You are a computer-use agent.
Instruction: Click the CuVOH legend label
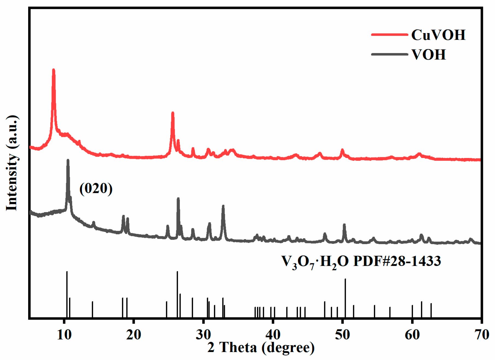(x=438, y=35)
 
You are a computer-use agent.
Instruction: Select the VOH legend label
(x=428, y=55)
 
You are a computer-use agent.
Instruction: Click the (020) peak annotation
(x=96, y=188)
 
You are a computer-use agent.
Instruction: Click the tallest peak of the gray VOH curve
(x=68, y=161)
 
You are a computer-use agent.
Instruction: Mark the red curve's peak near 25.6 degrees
(x=172, y=113)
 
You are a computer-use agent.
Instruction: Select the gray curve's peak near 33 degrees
(x=223, y=206)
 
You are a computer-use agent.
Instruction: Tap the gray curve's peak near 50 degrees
(x=344, y=225)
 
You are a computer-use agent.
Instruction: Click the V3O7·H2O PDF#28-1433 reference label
(x=361, y=262)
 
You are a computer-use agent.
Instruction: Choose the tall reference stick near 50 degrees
(x=345, y=298)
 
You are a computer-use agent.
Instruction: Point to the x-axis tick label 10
(x=64, y=335)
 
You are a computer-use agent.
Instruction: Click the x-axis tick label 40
(x=273, y=335)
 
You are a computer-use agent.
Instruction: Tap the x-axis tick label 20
(x=134, y=335)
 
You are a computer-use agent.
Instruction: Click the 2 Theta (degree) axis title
(x=261, y=347)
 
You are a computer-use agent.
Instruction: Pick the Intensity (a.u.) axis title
(x=11, y=163)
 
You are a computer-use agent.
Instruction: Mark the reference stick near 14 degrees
(x=92, y=309)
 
